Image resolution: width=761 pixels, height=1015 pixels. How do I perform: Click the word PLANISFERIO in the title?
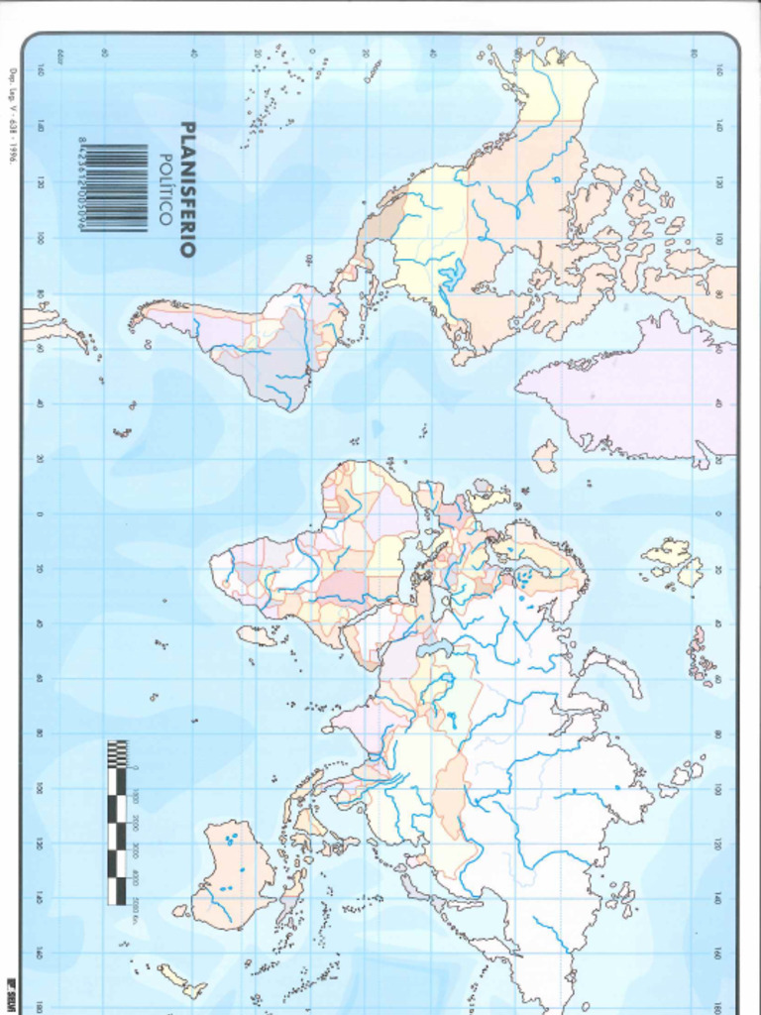[186, 189]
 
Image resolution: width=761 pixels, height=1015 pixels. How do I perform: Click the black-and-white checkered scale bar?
[117, 822]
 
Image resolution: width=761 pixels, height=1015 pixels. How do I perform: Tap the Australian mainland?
[233, 872]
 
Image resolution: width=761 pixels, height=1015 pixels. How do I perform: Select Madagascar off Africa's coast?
[257, 634]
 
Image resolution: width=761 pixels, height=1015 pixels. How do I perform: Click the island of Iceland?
[545, 456]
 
